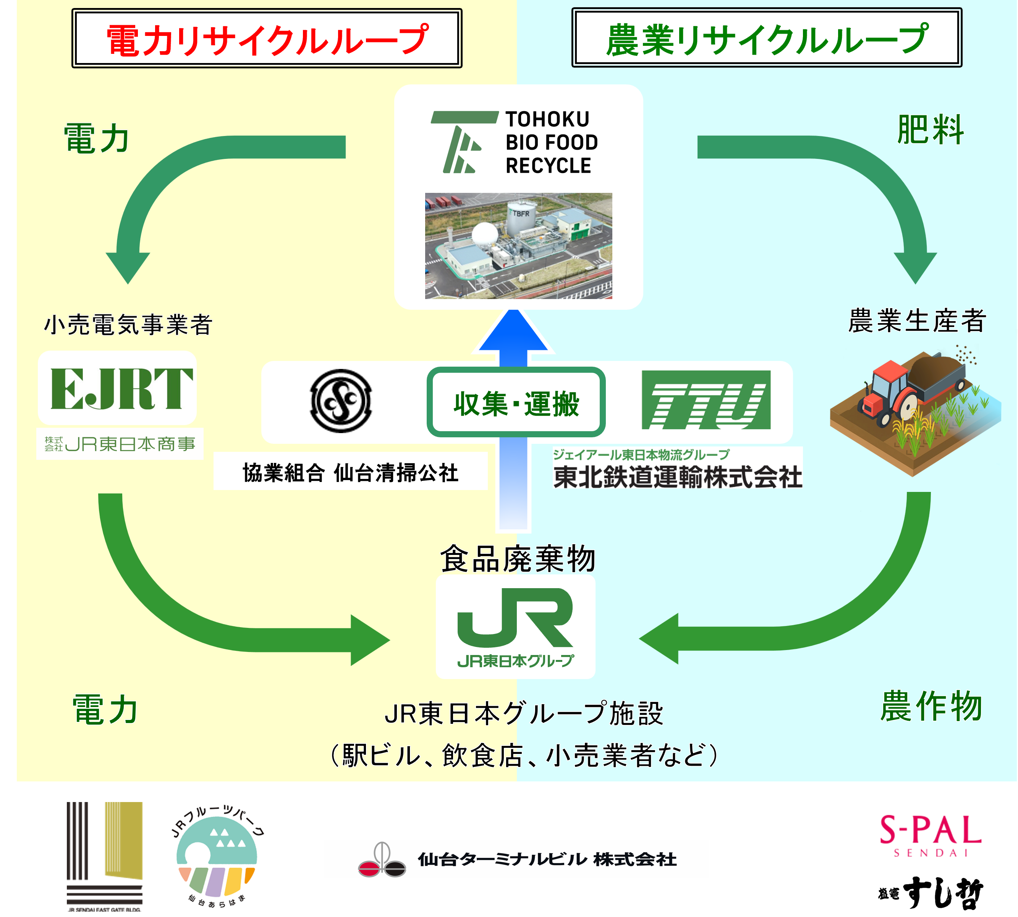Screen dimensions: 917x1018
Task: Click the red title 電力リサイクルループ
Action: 267,39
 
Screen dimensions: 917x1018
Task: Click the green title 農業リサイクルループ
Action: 767,39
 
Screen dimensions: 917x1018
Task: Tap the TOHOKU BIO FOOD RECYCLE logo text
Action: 551,142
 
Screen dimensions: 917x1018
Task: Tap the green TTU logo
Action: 706,400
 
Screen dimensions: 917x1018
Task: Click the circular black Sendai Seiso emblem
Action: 341,401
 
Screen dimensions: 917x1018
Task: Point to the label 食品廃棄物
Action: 518,559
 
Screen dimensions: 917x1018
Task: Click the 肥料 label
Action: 930,130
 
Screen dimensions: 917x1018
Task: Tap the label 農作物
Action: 931,707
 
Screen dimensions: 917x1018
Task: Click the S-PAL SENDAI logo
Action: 930,833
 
